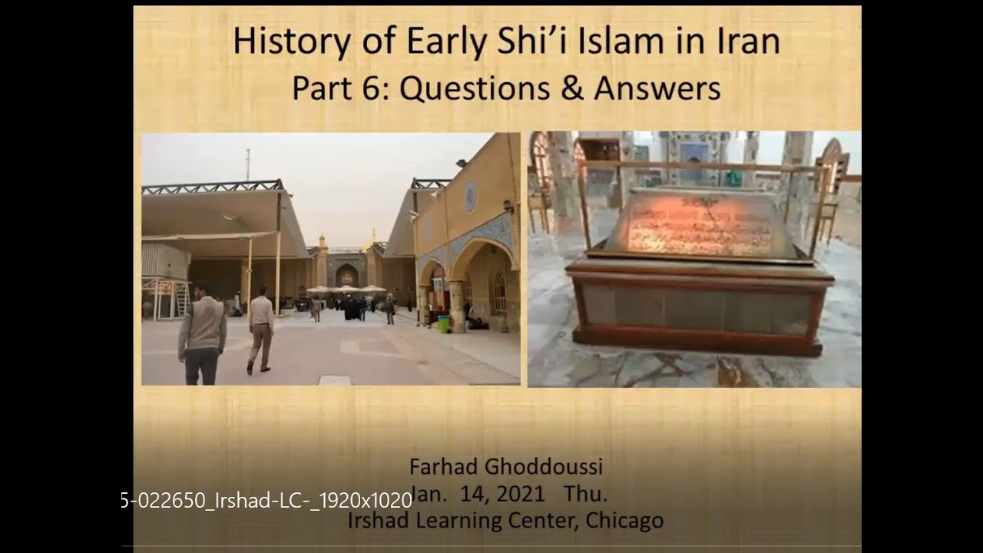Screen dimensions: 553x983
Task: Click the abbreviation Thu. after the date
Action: [585, 493]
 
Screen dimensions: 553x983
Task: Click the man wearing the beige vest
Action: [202, 333]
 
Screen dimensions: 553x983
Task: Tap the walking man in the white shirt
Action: [260, 329]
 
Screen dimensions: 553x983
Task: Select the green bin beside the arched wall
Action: [443, 324]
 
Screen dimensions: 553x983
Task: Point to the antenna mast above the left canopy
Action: [247, 164]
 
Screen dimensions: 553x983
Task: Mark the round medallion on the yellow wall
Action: [470, 196]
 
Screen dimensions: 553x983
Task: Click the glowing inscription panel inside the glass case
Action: [700, 223]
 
